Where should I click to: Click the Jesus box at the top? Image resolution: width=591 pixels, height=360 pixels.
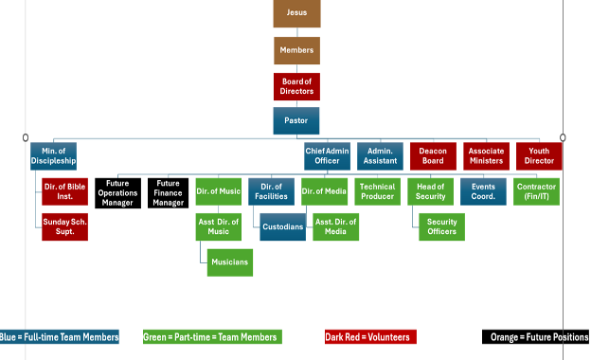pos(296,13)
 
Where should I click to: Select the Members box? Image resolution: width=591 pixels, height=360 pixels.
pos(296,50)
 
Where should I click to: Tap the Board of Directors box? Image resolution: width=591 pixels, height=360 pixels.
pos(296,86)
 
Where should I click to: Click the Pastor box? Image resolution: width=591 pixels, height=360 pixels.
pos(296,121)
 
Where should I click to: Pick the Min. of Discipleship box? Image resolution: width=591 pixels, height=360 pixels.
pos(53,156)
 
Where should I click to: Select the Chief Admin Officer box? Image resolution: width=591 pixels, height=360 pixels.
pos(328,156)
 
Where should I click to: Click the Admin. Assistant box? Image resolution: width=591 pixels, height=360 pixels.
pos(381,156)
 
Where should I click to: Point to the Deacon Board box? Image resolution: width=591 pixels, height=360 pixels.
pos(434,156)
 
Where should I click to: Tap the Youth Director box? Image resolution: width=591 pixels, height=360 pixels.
pos(539,156)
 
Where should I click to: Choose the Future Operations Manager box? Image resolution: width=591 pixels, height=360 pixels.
pos(117,192)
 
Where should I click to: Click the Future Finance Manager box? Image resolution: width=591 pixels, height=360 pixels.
pos(169,192)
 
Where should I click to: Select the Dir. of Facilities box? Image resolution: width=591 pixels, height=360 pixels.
pos(272,192)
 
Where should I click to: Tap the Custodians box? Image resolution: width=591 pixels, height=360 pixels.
pos(282,227)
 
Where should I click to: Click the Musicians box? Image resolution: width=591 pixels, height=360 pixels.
pos(230,262)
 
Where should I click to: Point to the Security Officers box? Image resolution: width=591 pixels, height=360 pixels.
pos(442,227)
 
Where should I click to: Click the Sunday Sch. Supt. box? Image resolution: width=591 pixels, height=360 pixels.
pos(64,227)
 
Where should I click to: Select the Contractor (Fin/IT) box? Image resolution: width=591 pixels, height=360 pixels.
pos(537,192)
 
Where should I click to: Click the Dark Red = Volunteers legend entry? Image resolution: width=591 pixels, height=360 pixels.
pos(370,337)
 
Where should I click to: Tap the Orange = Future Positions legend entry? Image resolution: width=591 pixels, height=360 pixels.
pos(535,337)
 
